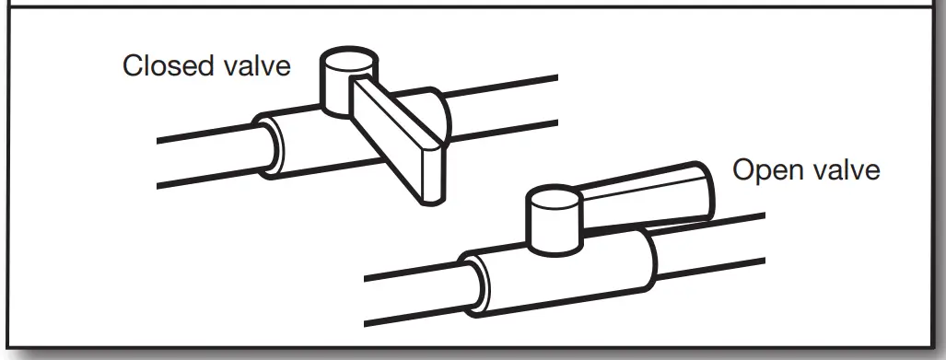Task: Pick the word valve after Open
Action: (845, 171)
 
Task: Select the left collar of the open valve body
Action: (484, 281)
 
